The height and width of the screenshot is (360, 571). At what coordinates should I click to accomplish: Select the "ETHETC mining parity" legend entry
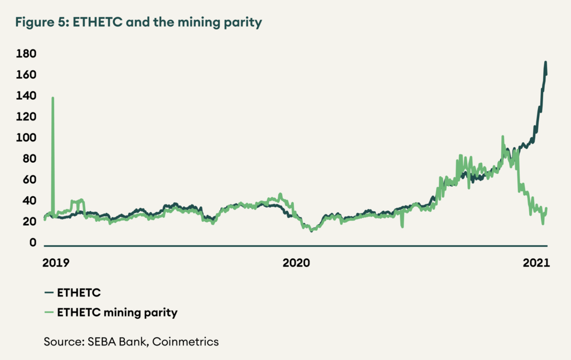[117, 313]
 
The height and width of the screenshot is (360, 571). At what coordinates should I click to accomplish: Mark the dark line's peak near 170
[545, 62]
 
